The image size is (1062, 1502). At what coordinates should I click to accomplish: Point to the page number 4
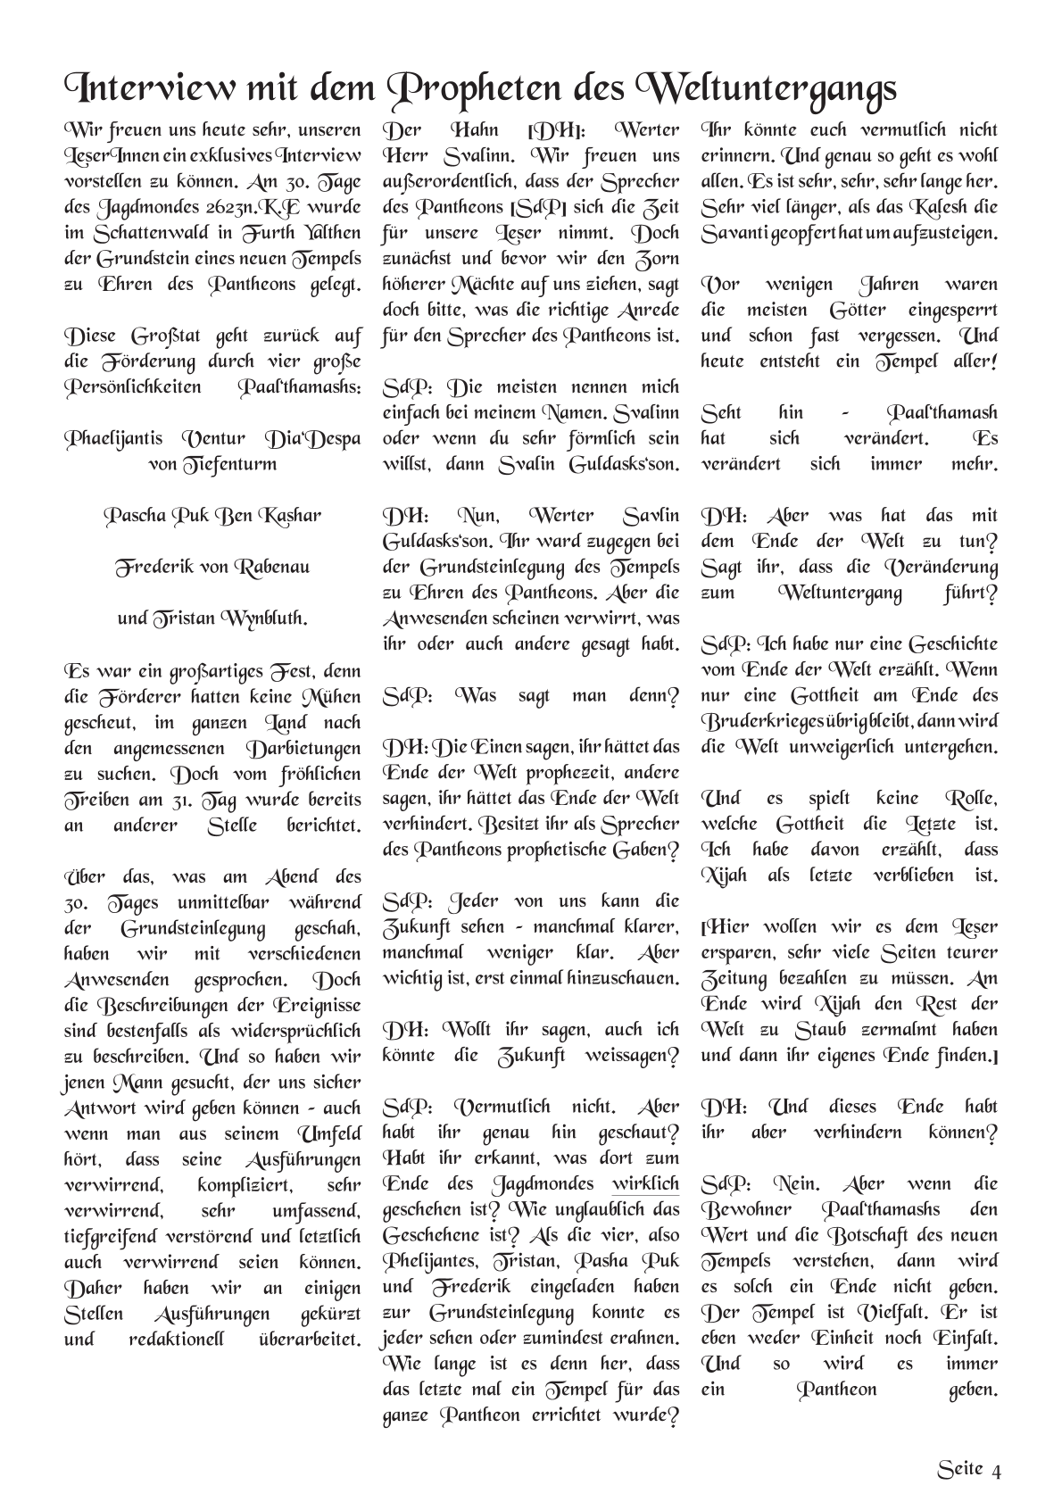(996, 1471)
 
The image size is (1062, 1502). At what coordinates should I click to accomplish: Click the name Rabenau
(270, 568)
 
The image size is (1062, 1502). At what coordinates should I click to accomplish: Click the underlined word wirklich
(645, 1184)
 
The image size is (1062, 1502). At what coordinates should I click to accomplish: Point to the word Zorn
(658, 259)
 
